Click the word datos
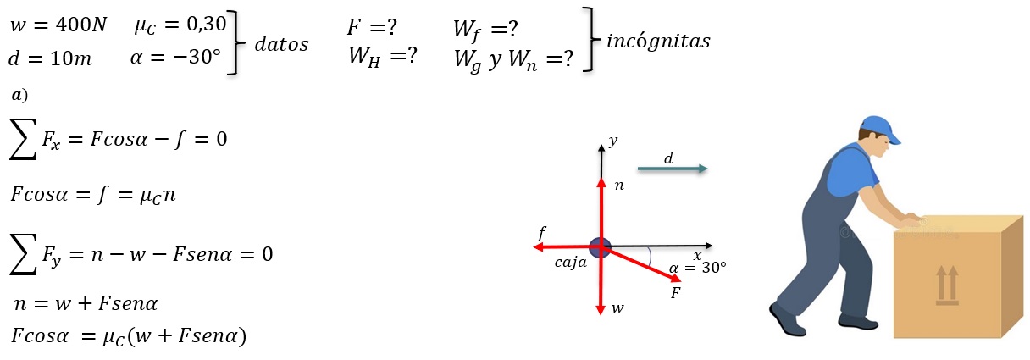(x=281, y=44)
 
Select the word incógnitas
(x=658, y=42)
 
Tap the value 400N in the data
(x=81, y=25)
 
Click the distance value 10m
(x=71, y=58)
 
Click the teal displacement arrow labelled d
(x=673, y=169)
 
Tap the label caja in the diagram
(x=571, y=263)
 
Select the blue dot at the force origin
(x=601, y=247)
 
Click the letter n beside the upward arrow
(x=619, y=186)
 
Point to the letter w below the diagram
(x=618, y=308)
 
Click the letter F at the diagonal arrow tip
(x=675, y=293)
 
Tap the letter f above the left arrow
(x=542, y=233)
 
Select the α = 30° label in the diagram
(x=698, y=268)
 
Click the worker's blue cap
(x=879, y=129)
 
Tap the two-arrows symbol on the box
(x=947, y=285)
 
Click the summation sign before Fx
(x=23, y=139)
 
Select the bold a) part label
(x=19, y=95)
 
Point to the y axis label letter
(x=613, y=141)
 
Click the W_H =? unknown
(x=383, y=57)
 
